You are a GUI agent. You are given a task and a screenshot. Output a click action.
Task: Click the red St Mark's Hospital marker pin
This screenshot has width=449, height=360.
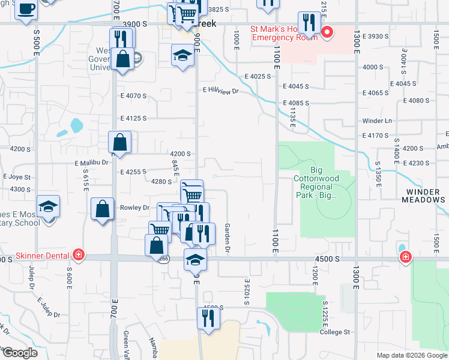pyautogui.click(x=327, y=32)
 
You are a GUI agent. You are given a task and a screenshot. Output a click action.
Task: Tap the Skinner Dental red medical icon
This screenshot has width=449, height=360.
pyautogui.click(x=78, y=254)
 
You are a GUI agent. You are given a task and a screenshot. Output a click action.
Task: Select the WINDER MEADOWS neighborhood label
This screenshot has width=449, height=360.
pyautogui.click(x=422, y=196)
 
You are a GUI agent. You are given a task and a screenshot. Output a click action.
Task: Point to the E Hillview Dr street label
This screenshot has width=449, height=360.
pyautogui.click(x=220, y=91)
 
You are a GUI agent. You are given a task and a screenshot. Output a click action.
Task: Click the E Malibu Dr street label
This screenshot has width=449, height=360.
pyautogui.click(x=91, y=162)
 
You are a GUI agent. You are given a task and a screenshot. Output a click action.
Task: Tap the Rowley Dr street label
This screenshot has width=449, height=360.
pyautogui.click(x=137, y=208)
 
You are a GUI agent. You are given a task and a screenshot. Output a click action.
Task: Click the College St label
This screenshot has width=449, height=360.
pyautogui.click(x=334, y=332)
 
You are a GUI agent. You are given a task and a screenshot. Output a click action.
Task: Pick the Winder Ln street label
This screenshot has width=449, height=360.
pyautogui.click(x=376, y=121)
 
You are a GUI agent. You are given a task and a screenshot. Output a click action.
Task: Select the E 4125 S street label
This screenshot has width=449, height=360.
pyautogui.click(x=133, y=118)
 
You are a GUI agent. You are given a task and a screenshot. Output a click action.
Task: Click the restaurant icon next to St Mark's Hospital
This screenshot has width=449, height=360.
pyautogui.click(x=309, y=23)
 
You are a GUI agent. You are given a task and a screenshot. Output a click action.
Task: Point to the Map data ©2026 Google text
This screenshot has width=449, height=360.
pyautogui.click(x=412, y=355)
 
